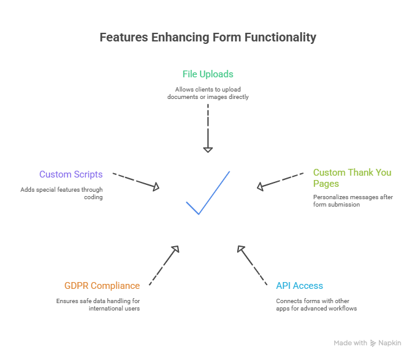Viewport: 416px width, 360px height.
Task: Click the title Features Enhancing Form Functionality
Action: pyautogui.click(x=208, y=37)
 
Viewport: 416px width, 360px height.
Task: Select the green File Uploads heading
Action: pyautogui.click(x=208, y=74)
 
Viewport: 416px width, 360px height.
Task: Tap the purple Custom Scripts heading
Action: pyautogui.click(x=71, y=174)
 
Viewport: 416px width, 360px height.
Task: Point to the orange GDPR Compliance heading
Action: pyautogui.click(x=102, y=286)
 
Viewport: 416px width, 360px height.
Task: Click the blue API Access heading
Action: pyautogui.click(x=300, y=286)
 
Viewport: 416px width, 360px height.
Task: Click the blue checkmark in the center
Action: pyautogui.click(x=208, y=193)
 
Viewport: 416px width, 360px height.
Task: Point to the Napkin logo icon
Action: pyautogui.click(x=373, y=343)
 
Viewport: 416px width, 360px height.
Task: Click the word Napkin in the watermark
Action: pyautogui.click(x=390, y=343)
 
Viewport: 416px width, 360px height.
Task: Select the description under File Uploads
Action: pyautogui.click(x=208, y=93)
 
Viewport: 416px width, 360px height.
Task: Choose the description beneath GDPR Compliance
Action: pyautogui.click(x=98, y=304)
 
